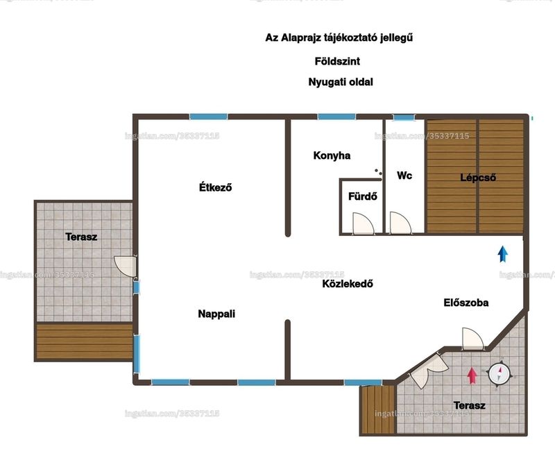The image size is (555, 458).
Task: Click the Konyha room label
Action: click(332, 155)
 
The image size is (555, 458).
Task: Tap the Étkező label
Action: click(215, 187)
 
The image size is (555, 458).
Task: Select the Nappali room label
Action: click(216, 314)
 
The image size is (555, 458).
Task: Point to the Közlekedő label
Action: click(348, 284)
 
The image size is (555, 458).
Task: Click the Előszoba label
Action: click(466, 303)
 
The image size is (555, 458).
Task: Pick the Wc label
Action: click(404, 176)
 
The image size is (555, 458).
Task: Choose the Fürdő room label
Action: click(362, 196)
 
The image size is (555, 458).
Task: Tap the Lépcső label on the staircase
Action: click(478, 178)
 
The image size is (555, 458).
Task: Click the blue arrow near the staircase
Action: click(502, 254)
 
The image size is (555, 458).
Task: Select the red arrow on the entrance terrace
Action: click(472, 376)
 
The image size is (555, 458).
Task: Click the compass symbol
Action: click(499, 374)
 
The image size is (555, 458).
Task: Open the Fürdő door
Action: click(363, 223)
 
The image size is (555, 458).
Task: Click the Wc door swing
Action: click(401, 223)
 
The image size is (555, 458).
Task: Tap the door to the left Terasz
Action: click(126, 266)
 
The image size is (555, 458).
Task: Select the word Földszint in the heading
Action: click(337, 61)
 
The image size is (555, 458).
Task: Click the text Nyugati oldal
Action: click(341, 82)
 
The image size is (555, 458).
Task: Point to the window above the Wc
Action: click(404, 117)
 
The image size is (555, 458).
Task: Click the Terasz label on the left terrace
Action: click(81, 237)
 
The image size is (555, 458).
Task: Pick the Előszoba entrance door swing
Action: click(473, 339)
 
